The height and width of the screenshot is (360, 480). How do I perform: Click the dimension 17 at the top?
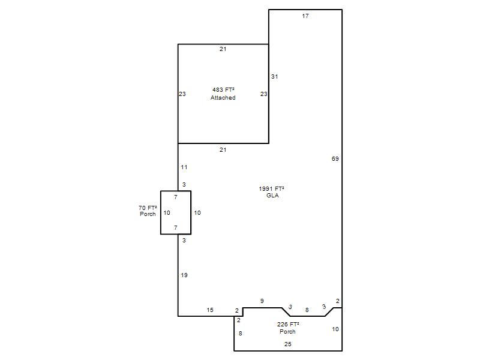point(305,16)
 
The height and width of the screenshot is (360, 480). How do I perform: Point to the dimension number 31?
point(275,77)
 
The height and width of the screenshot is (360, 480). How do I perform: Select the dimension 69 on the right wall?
point(335,158)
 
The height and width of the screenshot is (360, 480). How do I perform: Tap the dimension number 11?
point(184,167)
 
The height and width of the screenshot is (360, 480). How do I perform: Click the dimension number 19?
point(184,275)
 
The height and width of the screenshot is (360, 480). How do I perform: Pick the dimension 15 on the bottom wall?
point(209,310)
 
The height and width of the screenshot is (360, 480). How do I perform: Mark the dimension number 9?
point(262,301)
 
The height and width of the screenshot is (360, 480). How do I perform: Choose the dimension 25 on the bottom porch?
point(288,344)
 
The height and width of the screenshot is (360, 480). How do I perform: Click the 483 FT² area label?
point(223,89)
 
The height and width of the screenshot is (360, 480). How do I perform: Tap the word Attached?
point(223,98)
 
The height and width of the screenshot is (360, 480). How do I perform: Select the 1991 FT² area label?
point(272,188)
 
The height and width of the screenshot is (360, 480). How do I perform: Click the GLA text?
point(272,196)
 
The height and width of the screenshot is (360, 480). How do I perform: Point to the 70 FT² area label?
point(148,208)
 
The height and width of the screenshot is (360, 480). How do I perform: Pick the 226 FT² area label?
point(288,324)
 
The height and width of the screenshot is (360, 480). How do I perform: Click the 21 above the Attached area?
point(223,49)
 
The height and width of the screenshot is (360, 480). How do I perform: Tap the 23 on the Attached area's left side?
point(182,94)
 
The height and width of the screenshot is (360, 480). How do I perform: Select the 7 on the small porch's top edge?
point(175,197)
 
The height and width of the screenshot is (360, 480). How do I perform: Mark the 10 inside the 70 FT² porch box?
point(167,213)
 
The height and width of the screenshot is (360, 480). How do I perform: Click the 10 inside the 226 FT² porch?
point(335,329)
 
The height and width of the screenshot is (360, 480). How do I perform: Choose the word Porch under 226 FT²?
point(287,332)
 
